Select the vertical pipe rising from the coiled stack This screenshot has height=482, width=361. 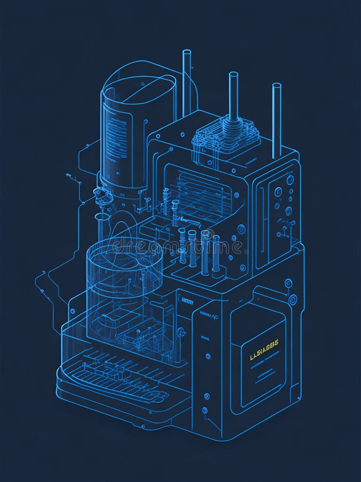[x=233, y=94]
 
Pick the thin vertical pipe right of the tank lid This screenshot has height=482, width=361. [x=187, y=80]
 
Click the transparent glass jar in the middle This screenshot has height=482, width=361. [x=125, y=277]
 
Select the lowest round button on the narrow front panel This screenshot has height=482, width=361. [x=205, y=411]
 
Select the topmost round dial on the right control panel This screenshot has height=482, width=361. [x=290, y=179]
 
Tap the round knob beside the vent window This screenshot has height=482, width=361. [x=241, y=229]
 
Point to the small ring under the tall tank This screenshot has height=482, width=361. [x=102, y=217]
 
